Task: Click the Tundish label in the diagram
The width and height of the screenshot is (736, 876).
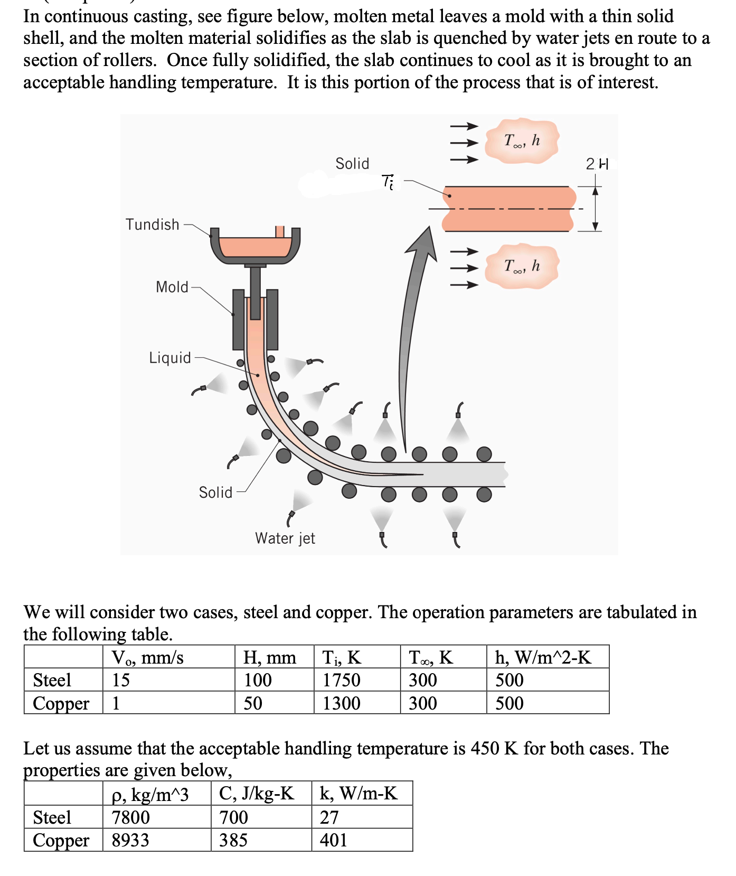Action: point(152,225)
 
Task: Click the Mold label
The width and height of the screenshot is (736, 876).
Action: point(172,287)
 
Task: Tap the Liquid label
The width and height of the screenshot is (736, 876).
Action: point(169,358)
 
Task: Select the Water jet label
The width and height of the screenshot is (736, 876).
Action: point(285,538)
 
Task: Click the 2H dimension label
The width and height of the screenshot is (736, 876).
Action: point(597,164)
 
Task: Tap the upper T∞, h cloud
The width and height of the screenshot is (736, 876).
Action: point(522,141)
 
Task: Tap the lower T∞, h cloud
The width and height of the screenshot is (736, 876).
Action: point(522,266)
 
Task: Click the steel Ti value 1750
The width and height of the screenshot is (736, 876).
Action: point(341,680)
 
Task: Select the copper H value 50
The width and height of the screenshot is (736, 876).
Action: point(253,703)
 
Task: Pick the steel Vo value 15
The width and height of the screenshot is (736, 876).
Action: point(120,680)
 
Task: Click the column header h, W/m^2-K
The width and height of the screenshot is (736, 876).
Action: point(543,657)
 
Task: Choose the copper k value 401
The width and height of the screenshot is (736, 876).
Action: point(333,840)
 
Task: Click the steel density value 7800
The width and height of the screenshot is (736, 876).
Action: point(130,817)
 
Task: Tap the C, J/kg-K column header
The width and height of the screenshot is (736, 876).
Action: point(257,794)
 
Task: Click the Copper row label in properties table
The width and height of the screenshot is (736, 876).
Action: point(61,840)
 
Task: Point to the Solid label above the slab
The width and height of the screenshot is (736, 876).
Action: point(352,164)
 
